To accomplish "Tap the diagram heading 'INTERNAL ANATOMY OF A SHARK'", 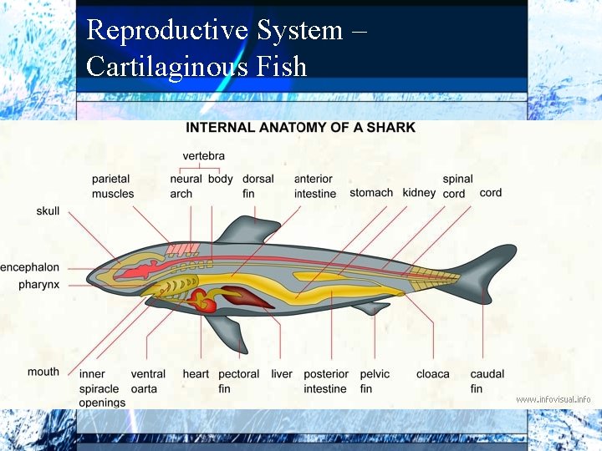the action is tap(300, 128).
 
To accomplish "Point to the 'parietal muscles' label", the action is tap(113, 186).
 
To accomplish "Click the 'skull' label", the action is tap(48, 211).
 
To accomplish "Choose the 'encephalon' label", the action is tap(30, 267).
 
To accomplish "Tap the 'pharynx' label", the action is tap(39, 285).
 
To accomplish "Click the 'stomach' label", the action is tap(371, 193).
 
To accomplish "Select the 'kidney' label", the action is tap(419, 193).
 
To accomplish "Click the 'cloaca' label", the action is tap(433, 374).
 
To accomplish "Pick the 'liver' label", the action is tap(282, 374).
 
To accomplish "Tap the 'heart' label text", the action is tap(196, 374).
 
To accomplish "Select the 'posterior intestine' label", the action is tap(325, 382).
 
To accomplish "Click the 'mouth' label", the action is tap(43, 372).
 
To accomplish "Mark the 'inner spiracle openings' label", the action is tap(102, 388).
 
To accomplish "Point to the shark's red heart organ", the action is tap(203, 301).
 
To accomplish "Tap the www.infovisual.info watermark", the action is tap(554, 399).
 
